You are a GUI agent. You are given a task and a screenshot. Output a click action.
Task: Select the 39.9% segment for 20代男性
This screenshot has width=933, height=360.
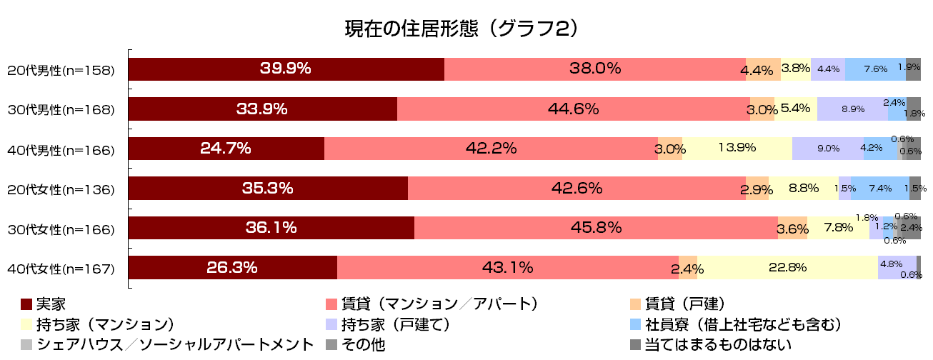coord(286,69)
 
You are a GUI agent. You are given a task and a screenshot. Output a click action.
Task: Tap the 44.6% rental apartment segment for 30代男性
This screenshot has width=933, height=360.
coord(573,109)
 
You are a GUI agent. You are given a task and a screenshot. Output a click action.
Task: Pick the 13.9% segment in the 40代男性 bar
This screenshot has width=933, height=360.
coord(737,149)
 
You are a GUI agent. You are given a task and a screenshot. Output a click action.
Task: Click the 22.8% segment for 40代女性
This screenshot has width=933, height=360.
coord(787,268)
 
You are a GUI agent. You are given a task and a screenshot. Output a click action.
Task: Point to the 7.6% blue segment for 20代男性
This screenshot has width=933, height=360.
coord(875,69)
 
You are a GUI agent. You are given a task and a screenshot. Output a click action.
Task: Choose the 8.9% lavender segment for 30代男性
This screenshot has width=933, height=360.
coord(852,109)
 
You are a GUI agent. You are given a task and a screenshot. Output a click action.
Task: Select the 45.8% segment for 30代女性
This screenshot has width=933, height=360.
coord(596,228)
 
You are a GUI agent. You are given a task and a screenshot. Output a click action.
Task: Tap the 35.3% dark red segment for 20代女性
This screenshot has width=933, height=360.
coord(268,189)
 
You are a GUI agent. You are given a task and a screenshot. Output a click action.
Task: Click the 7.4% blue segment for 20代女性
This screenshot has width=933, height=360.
coord(879,189)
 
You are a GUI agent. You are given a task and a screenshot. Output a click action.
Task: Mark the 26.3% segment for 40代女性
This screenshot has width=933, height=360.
coord(232,268)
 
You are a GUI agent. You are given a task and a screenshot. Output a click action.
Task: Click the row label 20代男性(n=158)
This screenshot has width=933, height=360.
coord(61,71)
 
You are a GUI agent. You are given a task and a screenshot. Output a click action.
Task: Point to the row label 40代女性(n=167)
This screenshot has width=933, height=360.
coord(61,269)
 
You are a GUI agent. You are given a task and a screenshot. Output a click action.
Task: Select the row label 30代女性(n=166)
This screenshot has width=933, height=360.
coord(61,229)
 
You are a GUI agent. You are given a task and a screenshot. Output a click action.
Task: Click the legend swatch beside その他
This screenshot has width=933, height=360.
coord(331,345)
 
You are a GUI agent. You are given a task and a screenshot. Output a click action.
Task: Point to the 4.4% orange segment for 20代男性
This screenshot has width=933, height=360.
coord(762,69)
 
